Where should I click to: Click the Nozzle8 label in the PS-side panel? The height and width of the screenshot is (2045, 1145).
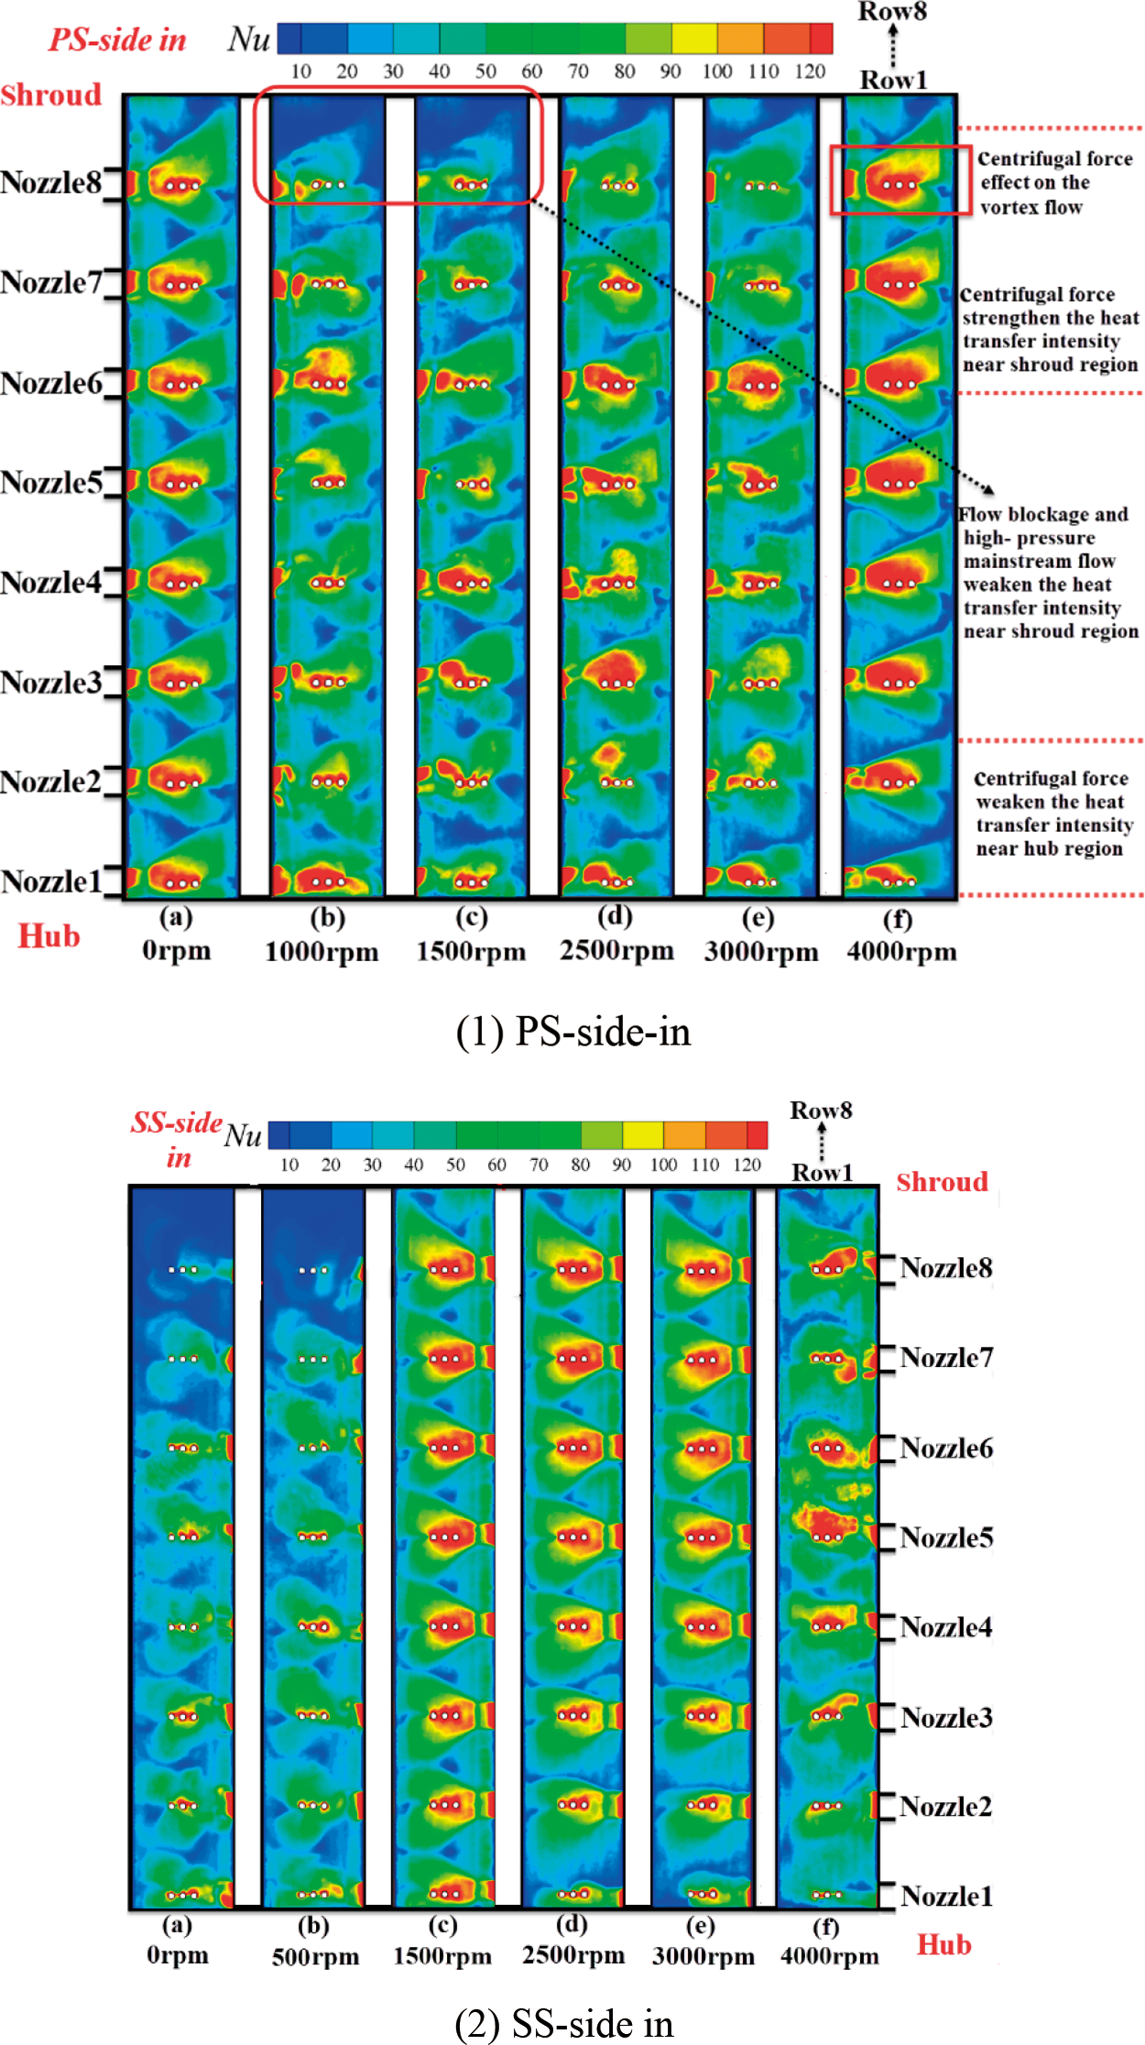coord(51,183)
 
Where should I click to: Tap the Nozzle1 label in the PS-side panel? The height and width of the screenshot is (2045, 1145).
coord(51,881)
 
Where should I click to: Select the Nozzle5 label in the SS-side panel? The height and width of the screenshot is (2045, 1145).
coord(946,1537)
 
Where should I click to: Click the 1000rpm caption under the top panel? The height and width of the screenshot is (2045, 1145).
coord(322,952)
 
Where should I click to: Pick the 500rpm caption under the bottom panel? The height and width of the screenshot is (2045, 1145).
coord(315,1957)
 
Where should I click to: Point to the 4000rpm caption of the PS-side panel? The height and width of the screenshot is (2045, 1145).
coord(901,952)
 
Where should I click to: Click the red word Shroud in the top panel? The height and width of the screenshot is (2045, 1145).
coord(51,95)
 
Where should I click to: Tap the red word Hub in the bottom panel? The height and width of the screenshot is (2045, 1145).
coord(944,1944)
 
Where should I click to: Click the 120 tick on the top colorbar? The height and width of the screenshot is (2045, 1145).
coord(810,71)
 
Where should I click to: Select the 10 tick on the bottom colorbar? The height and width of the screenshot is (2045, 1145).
coord(289,1165)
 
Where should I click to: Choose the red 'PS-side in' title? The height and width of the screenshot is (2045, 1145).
coord(117,40)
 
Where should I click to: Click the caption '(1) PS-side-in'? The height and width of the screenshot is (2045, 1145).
coord(572,1032)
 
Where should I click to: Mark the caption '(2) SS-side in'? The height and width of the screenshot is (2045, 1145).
coord(564,2023)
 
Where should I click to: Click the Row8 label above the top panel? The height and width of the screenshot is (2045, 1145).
coord(892,12)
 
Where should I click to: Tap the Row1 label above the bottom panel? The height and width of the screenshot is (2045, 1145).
coord(822,1173)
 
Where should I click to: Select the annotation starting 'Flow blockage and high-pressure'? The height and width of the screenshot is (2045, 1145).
coord(1050,573)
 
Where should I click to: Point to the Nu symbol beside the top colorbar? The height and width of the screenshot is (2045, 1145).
coord(249,39)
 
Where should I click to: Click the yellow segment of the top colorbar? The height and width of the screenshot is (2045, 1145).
coord(694,38)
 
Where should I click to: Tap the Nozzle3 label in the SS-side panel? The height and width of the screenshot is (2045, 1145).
coord(946,1717)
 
